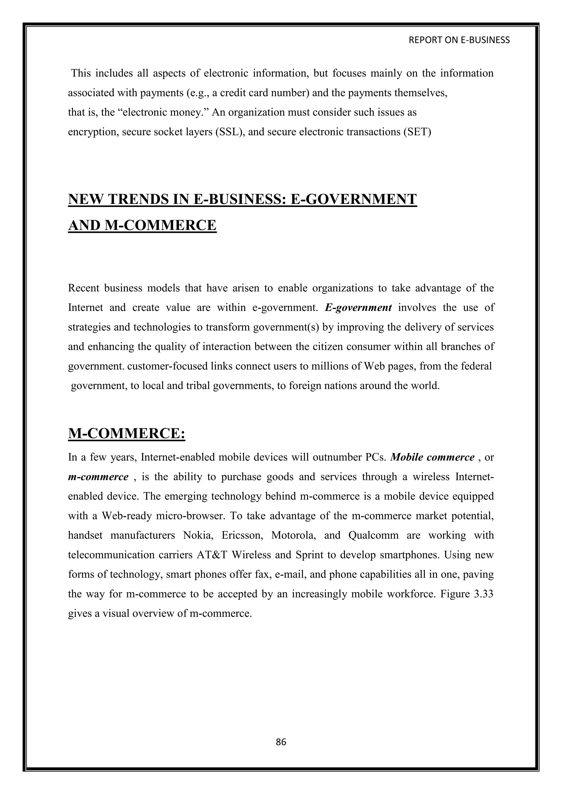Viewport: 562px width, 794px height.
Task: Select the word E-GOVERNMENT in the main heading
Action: pos(353,200)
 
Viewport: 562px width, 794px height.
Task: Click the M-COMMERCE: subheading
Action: pos(127,433)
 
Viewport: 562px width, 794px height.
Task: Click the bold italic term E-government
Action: pos(358,307)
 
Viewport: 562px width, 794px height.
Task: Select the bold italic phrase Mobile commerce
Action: pos(432,457)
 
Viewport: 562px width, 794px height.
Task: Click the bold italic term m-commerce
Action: pos(98,477)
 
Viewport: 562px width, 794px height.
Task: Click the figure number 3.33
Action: pos(482,594)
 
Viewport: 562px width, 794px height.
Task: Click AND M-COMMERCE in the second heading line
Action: pos(142,225)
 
